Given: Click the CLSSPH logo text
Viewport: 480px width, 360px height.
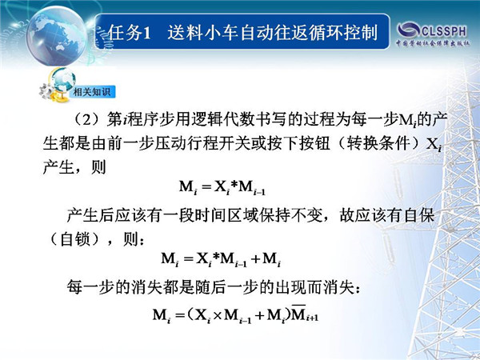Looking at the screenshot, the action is [444, 30].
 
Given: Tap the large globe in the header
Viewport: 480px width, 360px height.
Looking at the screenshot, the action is [56, 36].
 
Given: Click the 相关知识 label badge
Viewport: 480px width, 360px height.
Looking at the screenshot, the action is [92, 91].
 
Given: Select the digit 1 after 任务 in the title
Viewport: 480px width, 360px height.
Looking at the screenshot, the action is [147, 33].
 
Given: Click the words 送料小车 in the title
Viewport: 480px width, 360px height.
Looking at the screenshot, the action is [203, 33].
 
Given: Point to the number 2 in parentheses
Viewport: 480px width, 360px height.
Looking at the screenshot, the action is [87, 120].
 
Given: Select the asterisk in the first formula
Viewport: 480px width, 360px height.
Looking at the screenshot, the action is [234, 185].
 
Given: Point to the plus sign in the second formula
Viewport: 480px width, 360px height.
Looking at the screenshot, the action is [255, 259].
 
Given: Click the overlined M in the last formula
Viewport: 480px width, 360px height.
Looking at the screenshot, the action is [298, 313].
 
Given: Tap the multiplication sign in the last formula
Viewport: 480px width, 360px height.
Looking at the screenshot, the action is [217, 315].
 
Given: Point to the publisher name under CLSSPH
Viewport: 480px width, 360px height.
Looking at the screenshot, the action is [433, 43].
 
